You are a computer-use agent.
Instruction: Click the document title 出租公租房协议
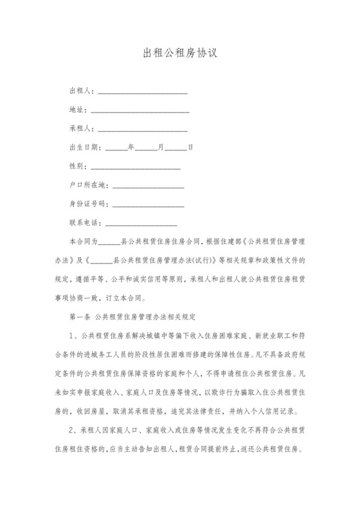pyautogui.click(x=180, y=53)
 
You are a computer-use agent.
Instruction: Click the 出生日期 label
pyautogui.click(x=84, y=147)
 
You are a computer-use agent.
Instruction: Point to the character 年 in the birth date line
pyautogui.click(x=131, y=147)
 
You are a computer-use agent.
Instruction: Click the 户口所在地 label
pyautogui.click(x=88, y=184)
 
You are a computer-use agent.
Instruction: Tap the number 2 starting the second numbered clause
pyautogui.click(x=71, y=429)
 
